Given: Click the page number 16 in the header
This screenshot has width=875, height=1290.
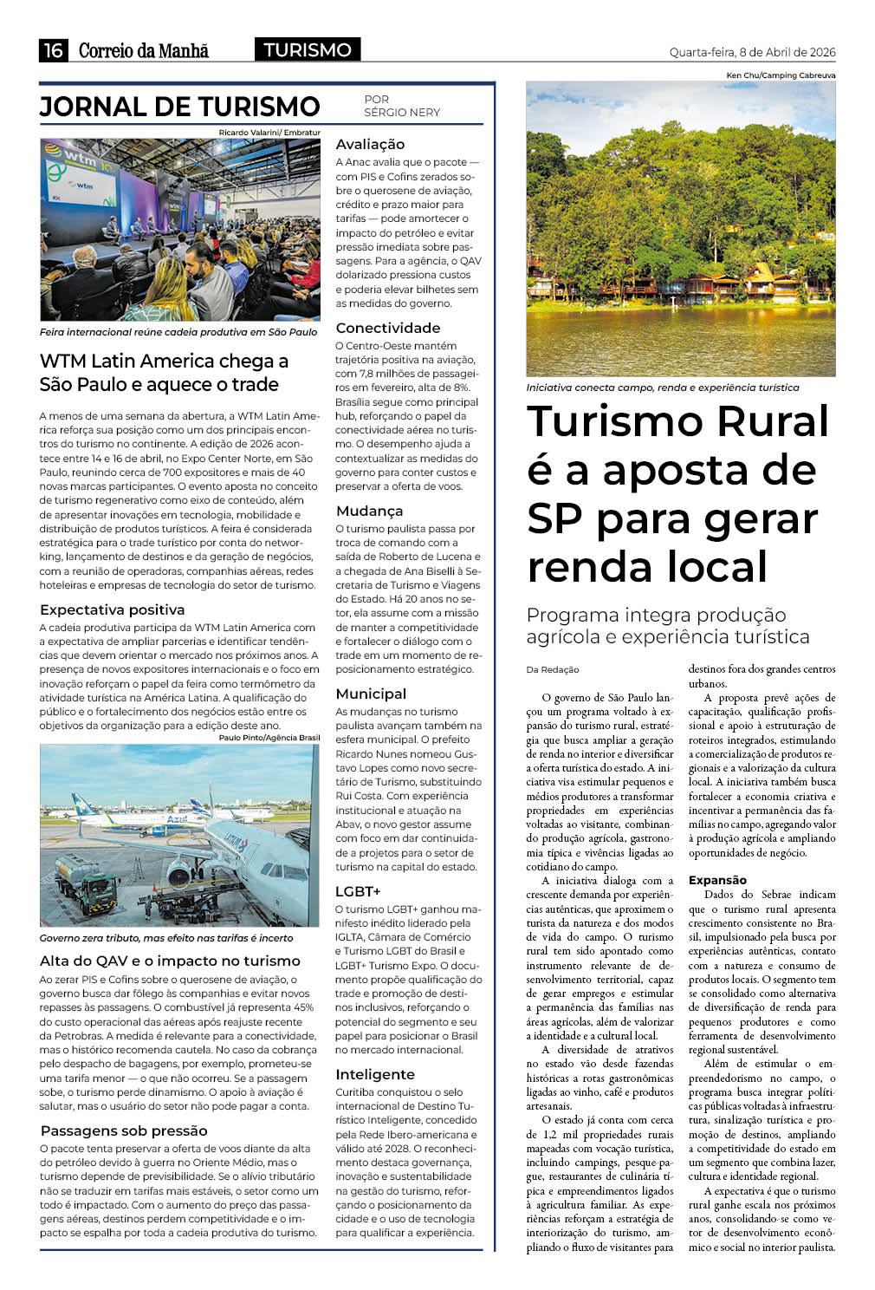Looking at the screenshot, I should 54,50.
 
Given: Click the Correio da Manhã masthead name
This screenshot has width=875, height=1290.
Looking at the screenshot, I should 144,51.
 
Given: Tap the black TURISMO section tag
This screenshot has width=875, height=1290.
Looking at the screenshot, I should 308,50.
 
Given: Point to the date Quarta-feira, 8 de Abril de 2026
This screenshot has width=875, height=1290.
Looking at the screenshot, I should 752,53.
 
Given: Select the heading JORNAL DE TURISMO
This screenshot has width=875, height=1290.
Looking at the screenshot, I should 180,107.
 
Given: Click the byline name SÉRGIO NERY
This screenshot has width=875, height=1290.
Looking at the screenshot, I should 402,113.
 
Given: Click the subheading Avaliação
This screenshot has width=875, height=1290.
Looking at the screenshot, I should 370,145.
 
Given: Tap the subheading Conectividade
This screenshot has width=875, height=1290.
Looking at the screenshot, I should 387,328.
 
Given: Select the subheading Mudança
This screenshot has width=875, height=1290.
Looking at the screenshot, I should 369,511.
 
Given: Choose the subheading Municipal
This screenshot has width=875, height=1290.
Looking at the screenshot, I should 371,694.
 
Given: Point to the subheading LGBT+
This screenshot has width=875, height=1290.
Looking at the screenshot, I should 358,891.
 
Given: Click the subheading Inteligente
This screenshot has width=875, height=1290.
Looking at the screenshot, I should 375,1074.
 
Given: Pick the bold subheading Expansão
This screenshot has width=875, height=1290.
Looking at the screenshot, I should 717,880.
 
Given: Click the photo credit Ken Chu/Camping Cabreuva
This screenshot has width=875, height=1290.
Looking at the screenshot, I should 781,75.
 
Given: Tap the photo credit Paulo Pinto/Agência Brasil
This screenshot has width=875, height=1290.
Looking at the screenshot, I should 269,738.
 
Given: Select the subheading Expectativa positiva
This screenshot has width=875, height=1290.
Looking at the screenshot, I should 112,609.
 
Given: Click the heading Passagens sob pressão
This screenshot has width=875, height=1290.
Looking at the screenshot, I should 124,1130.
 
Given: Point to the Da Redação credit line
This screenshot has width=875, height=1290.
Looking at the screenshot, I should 553,669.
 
